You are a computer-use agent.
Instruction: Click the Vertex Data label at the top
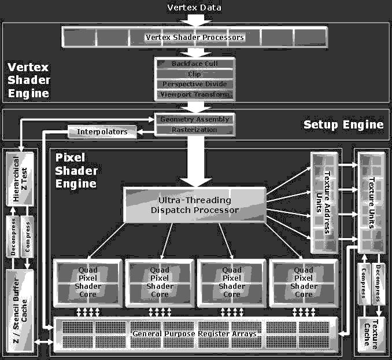(x=194, y=8)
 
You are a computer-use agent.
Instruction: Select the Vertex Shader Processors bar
(x=194, y=38)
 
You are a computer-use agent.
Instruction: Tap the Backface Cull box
(x=194, y=63)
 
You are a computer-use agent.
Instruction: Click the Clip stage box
(x=194, y=74)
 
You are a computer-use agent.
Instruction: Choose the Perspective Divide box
(x=194, y=84)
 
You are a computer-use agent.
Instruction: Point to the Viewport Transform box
(x=194, y=94)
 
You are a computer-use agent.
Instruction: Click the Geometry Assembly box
(x=194, y=119)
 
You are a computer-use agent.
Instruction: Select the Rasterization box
(x=194, y=130)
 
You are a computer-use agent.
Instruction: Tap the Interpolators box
(x=102, y=132)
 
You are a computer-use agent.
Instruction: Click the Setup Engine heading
(x=343, y=124)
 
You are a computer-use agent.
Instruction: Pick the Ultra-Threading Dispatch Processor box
(x=194, y=205)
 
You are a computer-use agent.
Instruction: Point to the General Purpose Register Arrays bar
(x=194, y=334)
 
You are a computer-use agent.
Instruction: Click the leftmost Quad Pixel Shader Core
(x=87, y=282)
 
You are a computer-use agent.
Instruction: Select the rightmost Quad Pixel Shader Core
(x=304, y=282)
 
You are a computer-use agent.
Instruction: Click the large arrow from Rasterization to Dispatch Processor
(x=194, y=159)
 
